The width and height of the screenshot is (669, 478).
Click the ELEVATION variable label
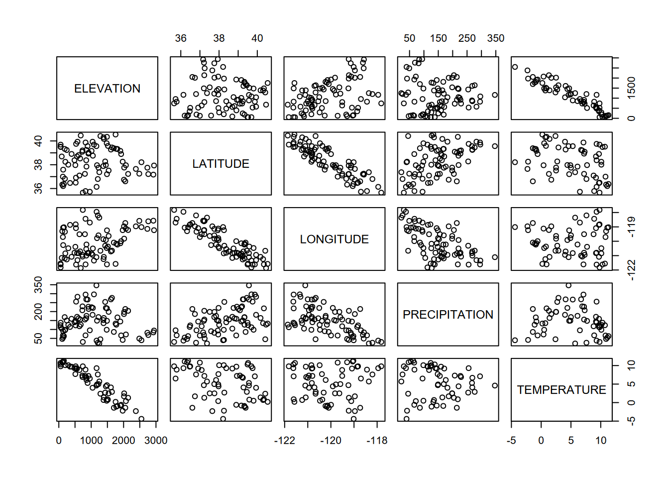pos(107,89)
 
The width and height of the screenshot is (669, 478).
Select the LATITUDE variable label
pos(221,164)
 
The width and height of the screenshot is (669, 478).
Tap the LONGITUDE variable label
pos(334,239)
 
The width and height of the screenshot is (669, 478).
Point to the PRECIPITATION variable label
pos(448,315)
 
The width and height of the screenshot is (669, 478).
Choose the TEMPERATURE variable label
pos(561,390)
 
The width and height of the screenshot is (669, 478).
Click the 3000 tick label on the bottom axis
pos(156,441)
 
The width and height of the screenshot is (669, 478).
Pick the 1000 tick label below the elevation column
pos(92,441)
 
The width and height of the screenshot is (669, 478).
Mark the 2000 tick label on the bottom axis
pos(123,441)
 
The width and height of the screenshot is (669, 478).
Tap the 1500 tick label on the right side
pos(632,88)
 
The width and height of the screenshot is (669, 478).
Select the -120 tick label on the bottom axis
pos(331,441)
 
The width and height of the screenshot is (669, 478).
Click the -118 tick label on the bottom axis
pos(377,441)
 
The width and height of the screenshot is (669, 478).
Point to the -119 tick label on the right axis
pos(632,227)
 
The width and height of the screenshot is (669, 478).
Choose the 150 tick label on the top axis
pos(439,38)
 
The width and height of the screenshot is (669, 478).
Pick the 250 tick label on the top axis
pos(467,38)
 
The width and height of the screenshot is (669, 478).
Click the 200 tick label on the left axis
pos(38,314)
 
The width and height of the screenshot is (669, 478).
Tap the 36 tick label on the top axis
pos(181,38)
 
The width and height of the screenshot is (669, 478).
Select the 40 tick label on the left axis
pos(38,141)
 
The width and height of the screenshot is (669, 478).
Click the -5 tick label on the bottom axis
pos(511,441)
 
